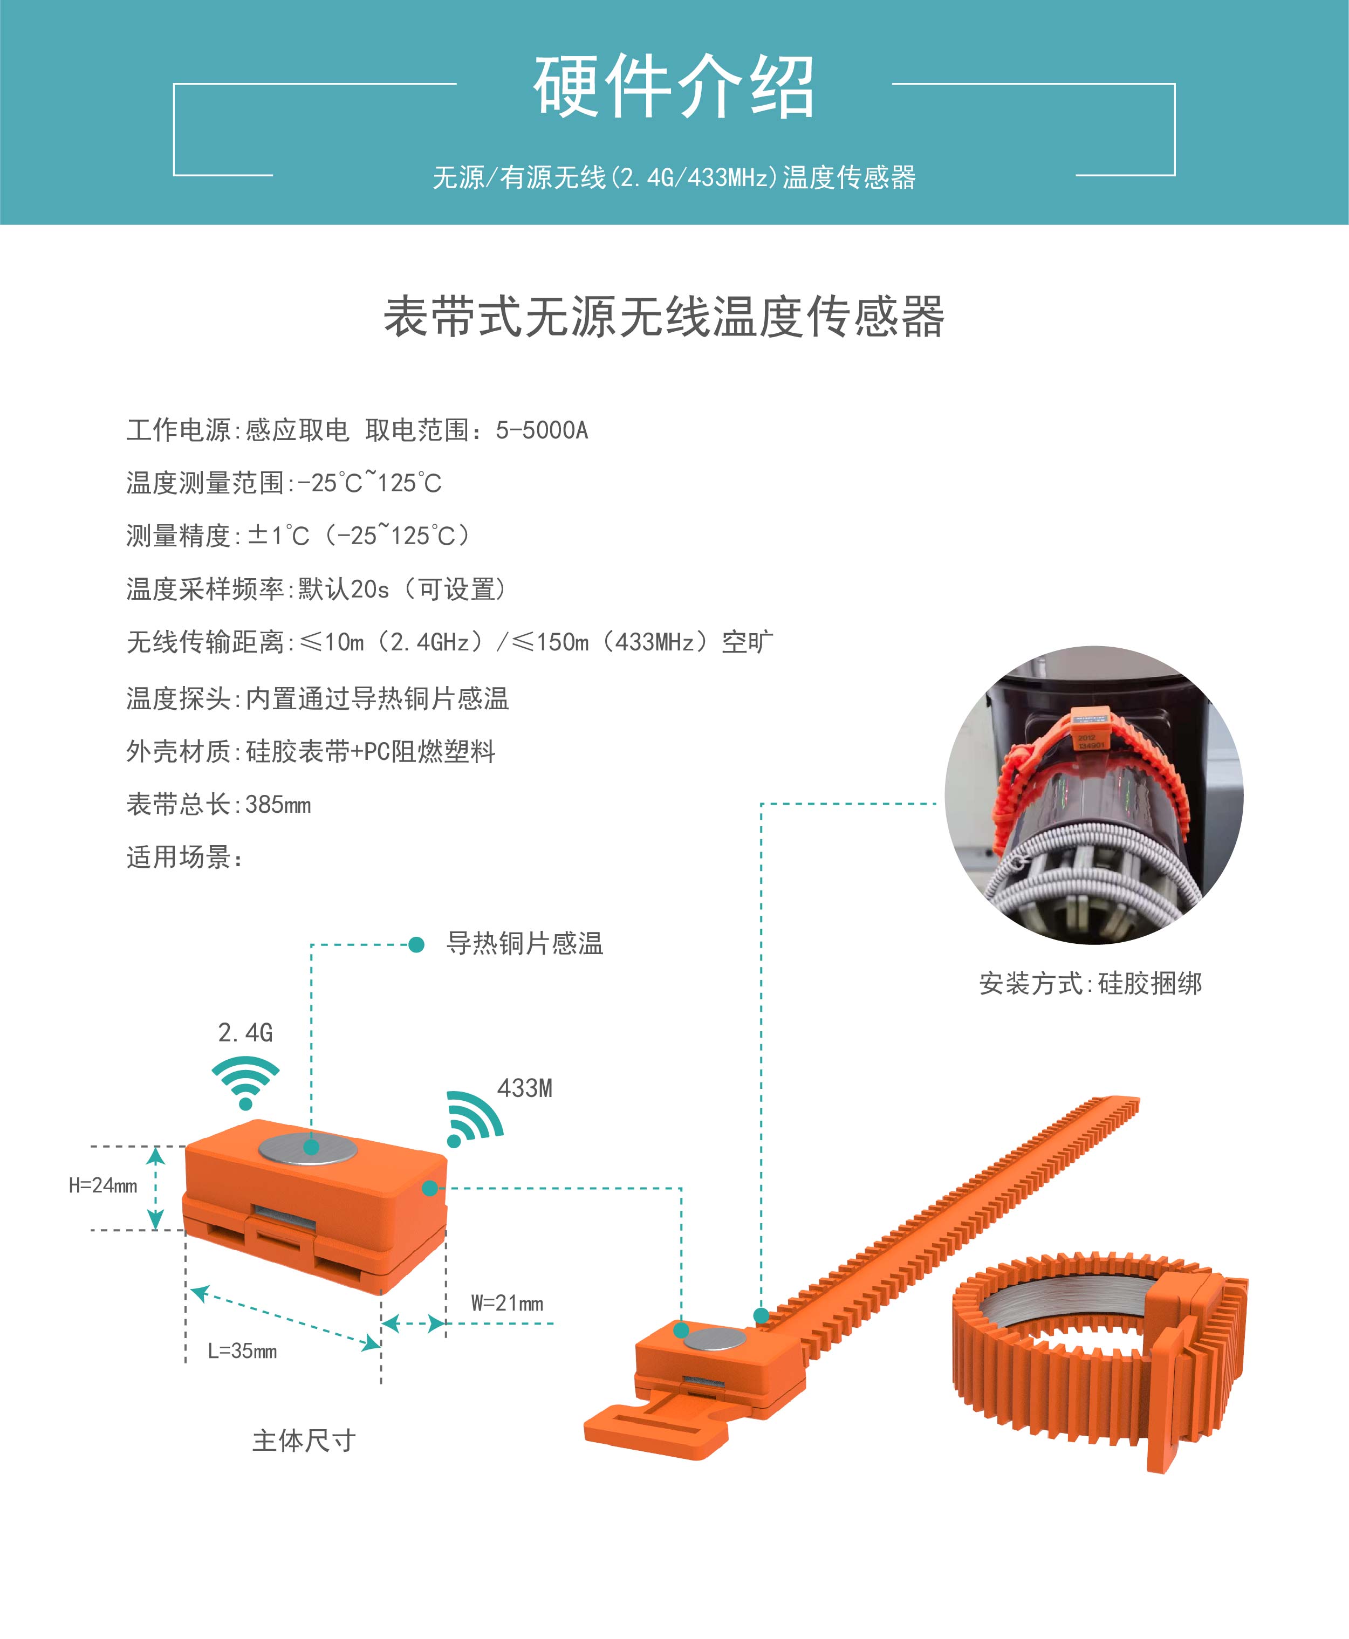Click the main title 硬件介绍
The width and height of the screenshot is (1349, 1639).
674,86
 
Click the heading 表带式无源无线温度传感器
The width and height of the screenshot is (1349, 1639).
665,316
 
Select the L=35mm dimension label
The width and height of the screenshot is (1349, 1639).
242,1351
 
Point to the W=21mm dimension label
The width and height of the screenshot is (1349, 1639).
506,1302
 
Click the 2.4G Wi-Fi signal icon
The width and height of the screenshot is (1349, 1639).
245,1082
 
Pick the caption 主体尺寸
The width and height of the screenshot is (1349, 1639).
304,1441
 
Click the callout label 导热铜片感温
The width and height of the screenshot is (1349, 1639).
524,944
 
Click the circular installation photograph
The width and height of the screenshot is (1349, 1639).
1094,796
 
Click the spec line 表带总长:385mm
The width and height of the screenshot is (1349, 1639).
218,805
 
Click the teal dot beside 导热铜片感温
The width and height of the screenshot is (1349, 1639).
416,944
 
